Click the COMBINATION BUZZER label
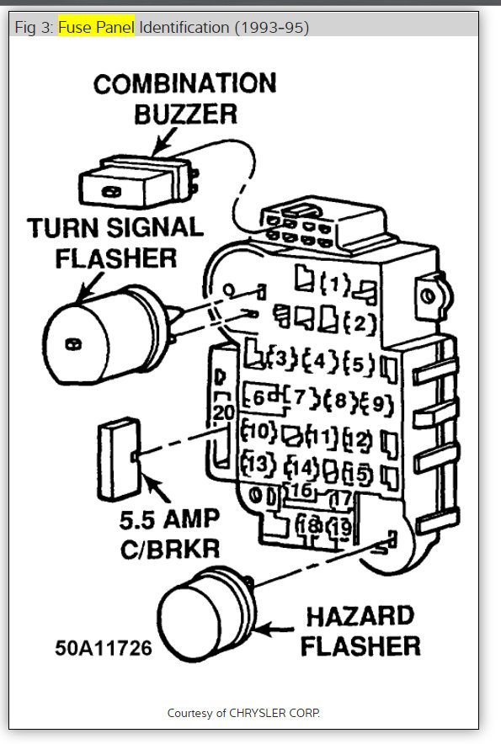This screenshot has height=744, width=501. click(184, 98)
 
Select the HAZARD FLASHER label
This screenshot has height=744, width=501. click(360, 630)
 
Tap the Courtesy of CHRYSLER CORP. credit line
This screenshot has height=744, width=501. click(243, 713)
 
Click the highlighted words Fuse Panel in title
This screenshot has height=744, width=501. click(96, 28)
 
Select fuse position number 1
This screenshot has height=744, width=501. click(338, 284)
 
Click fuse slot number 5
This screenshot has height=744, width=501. click(358, 364)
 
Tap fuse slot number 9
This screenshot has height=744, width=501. click(376, 403)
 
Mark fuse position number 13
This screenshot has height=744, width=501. click(258, 463)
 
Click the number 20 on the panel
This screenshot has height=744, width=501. click(223, 412)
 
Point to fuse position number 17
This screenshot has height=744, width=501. click(340, 498)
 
